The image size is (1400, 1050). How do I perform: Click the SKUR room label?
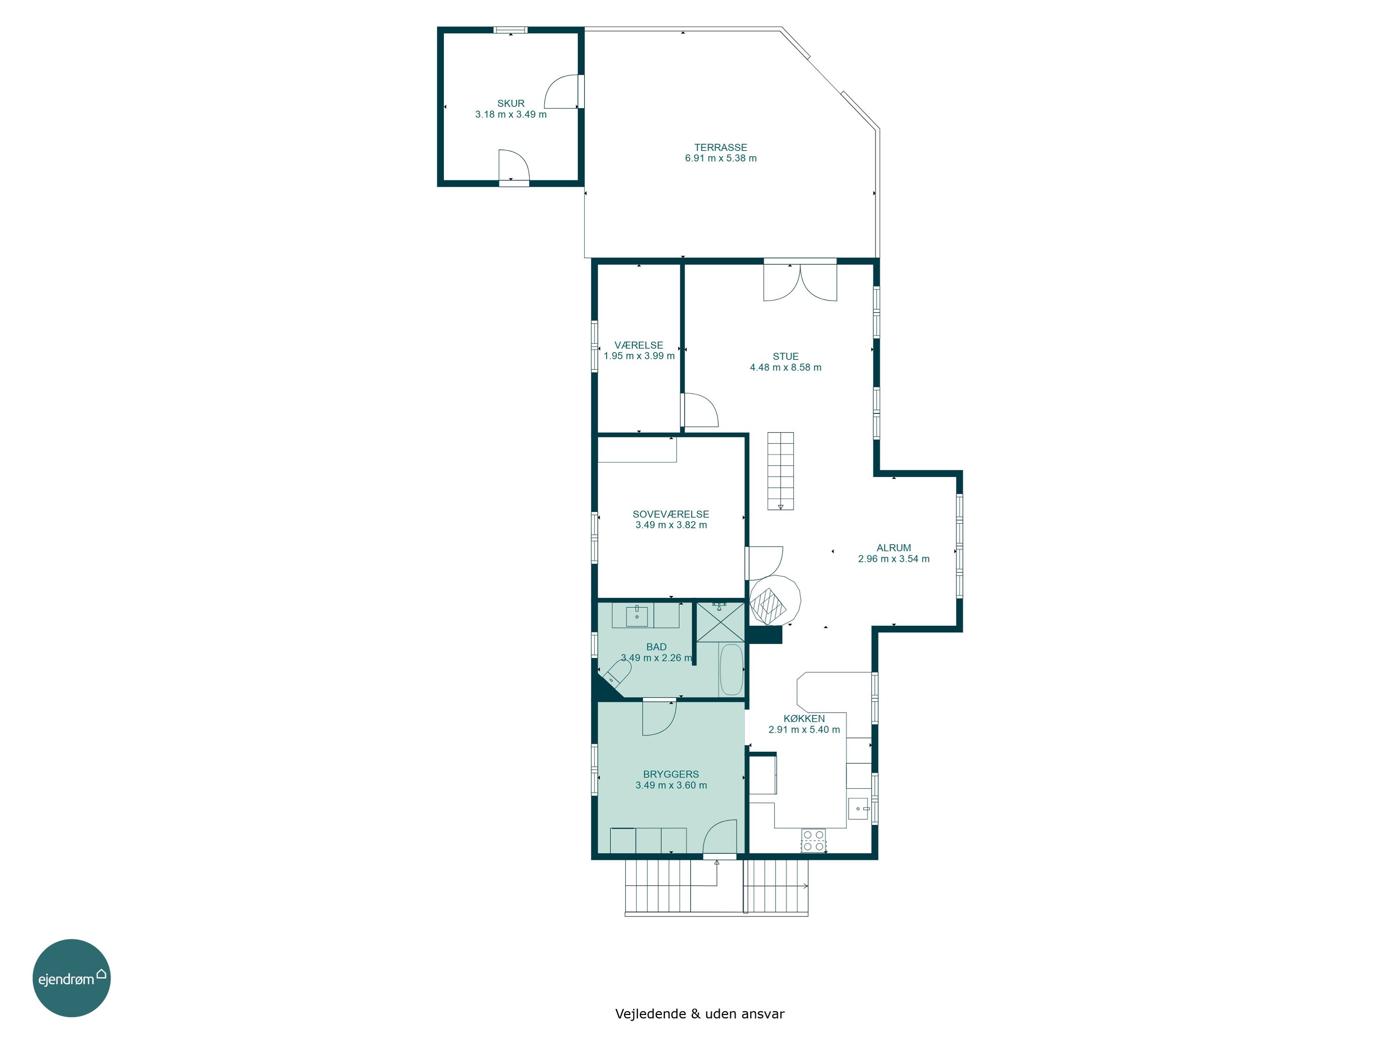(511, 103)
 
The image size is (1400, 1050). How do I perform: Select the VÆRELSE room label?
(638, 345)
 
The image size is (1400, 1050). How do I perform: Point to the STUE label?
(785, 357)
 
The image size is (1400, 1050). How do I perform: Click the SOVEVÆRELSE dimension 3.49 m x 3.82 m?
(671, 525)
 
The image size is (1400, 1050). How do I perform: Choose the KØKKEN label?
(804, 718)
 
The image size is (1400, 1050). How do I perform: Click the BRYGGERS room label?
(671, 774)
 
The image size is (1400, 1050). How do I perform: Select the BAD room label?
(656, 647)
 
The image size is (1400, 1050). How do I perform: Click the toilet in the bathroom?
(616, 674)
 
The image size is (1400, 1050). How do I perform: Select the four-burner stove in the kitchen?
(813, 840)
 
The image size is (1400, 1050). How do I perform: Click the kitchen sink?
(858, 809)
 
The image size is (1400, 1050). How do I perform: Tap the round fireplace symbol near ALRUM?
(775, 601)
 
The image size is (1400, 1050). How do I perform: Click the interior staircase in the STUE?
(780, 471)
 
